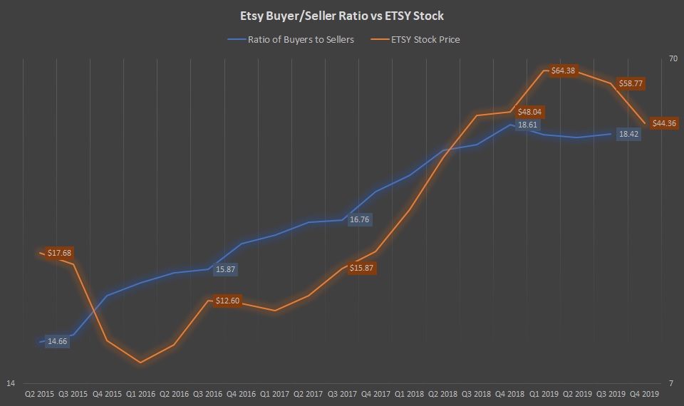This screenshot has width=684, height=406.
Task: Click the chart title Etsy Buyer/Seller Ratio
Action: tap(341, 16)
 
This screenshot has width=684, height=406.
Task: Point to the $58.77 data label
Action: tap(630, 83)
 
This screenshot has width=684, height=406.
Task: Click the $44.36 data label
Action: tap(664, 123)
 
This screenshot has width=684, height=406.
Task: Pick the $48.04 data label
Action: tap(529, 112)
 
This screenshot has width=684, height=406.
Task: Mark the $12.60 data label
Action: tap(227, 301)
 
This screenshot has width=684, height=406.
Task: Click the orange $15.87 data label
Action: tap(361, 269)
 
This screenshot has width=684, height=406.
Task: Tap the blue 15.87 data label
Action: tap(225, 270)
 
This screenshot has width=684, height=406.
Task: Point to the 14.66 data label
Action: tap(57, 341)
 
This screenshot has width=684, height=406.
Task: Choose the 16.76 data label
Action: tap(359, 220)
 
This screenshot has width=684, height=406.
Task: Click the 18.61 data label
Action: tap(527, 125)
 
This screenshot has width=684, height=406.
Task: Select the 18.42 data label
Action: tap(628, 134)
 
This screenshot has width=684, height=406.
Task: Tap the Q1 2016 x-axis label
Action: tap(140, 392)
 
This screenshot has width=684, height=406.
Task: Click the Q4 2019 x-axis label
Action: tap(645, 392)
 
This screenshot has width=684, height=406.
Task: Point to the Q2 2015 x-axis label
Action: tap(40, 392)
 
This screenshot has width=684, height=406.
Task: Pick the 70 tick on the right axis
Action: tap(673, 59)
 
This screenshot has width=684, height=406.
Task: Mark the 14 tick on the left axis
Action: tap(11, 384)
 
